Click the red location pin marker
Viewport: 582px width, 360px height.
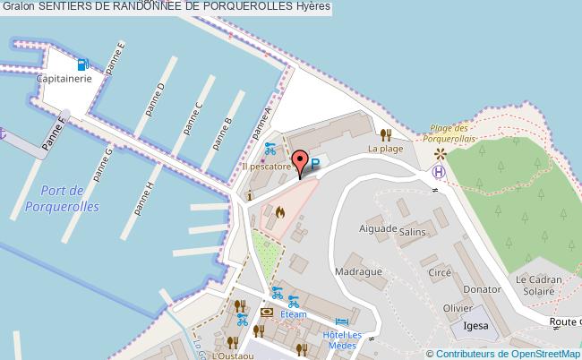(x=301, y=163)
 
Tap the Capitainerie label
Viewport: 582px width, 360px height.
(x=64, y=79)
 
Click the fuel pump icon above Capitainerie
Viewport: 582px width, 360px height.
(x=82, y=64)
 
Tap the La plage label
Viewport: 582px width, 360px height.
(x=385, y=149)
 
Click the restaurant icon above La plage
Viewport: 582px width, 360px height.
(x=386, y=134)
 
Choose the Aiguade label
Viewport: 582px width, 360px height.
(x=377, y=229)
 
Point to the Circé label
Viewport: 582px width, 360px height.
(x=439, y=272)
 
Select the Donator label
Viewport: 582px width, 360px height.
(x=484, y=289)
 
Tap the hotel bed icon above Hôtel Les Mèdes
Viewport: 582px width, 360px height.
(x=341, y=322)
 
